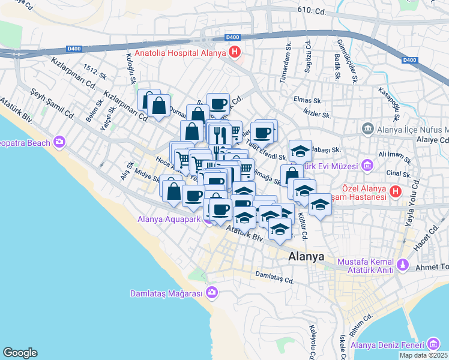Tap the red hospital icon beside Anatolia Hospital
coord(234,53)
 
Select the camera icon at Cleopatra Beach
coord(59,142)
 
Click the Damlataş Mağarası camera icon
coord(211,293)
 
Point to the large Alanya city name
coord(306,256)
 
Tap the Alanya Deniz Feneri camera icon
coord(433,344)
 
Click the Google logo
coord(20,353)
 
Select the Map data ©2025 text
coord(423,355)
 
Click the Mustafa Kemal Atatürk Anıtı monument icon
coord(402,263)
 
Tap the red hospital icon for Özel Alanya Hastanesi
coord(395,191)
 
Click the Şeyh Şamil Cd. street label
coord(53,104)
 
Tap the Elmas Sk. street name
coord(306,100)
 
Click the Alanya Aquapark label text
coord(170,219)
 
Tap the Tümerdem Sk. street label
coord(289,56)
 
